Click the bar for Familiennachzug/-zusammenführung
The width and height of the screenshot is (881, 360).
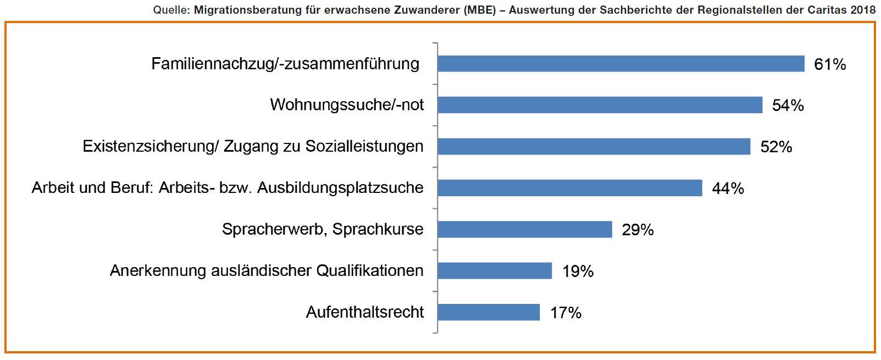click(x=621, y=64)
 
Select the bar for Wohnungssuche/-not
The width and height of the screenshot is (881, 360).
click(x=600, y=105)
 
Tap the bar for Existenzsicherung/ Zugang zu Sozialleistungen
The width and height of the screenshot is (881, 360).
click(x=594, y=146)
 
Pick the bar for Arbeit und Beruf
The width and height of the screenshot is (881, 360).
click(x=569, y=188)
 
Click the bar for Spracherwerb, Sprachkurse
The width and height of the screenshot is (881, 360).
click(x=524, y=229)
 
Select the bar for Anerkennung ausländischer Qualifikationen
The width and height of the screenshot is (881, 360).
click(x=495, y=270)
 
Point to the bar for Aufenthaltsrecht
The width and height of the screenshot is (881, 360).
click(x=489, y=312)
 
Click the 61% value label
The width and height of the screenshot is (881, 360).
click(x=830, y=64)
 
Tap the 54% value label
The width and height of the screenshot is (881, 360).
click(x=788, y=106)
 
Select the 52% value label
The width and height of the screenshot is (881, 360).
click(x=776, y=147)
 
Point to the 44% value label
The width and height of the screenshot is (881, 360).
click(x=728, y=189)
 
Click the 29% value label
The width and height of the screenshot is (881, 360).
click(x=638, y=230)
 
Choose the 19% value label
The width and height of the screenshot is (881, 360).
click(x=578, y=271)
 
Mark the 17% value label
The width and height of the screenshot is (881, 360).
click(x=566, y=313)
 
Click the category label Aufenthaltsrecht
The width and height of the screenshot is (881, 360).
click(x=365, y=312)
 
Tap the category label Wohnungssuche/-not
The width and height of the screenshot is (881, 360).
click(x=347, y=105)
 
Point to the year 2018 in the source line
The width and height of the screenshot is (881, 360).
click(x=862, y=9)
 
